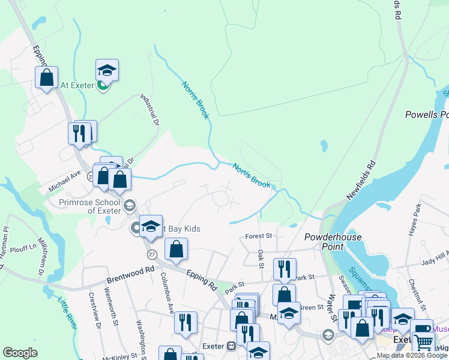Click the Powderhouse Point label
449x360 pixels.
(324, 241)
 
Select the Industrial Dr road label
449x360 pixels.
(149, 109)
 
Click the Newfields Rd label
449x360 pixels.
(361, 181)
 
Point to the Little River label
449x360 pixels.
(67, 313)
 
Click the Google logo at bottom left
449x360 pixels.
(20, 353)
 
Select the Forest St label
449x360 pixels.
(259, 236)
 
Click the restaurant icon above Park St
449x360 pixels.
(285, 268)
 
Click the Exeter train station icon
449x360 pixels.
(231, 346)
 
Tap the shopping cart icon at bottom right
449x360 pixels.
(424, 343)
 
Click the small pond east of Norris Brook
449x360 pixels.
(324, 146)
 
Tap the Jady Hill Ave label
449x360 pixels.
(433, 259)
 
